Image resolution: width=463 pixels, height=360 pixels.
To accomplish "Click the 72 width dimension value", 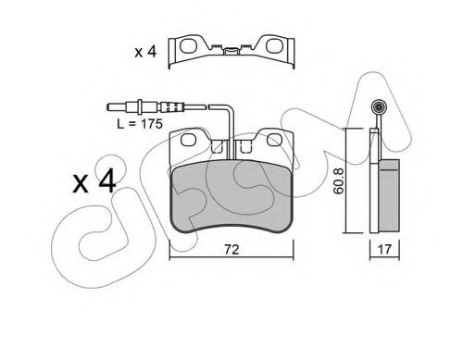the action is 231,250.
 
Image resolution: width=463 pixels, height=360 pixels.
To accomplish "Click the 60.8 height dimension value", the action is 339,181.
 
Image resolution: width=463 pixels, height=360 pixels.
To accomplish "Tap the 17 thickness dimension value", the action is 384,249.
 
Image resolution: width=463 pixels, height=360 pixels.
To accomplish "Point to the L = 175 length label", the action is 140,124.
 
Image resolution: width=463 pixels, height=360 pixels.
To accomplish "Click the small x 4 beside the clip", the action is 145,52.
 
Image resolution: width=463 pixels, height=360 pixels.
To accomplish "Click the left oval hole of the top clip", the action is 188,45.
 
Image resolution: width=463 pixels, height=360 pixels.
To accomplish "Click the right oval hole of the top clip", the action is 274,45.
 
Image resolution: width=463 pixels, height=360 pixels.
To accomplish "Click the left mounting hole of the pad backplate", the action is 189,140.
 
